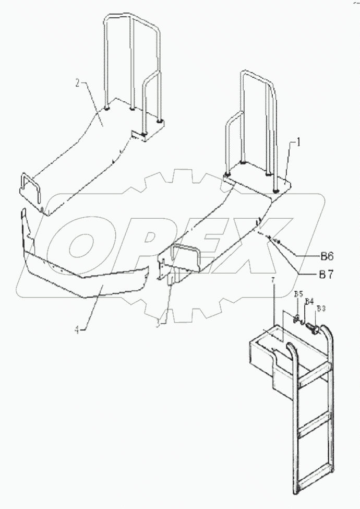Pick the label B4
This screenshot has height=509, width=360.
coord(309,302)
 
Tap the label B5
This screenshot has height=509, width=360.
coord(298,294)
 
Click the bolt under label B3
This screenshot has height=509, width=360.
coord(313,328)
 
